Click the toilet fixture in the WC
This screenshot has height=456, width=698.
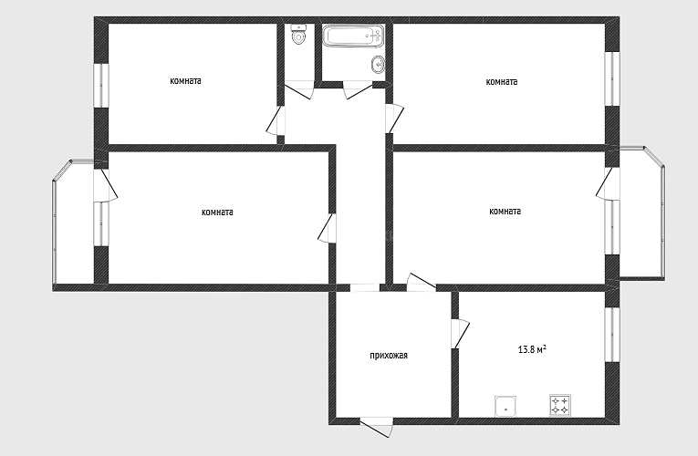click(x=298, y=35)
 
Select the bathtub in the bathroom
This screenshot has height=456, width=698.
click(x=353, y=36)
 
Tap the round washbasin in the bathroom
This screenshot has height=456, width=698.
click(x=377, y=65)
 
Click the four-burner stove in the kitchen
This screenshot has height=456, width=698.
click(x=560, y=405)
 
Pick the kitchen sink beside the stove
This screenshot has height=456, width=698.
click(x=506, y=407)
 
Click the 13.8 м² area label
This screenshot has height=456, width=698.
click(x=532, y=349)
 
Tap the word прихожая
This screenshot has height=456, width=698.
click(x=389, y=356)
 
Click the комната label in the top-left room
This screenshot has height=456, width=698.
click(x=185, y=81)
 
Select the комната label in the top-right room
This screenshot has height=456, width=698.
click(x=502, y=82)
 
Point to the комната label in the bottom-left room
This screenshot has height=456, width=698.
click(x=217, y=212)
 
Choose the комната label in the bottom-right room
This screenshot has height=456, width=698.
click(x=505, y=212)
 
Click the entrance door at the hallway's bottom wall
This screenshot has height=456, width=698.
click(x=377, y=427)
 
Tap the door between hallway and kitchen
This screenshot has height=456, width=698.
click(x=460, y=333)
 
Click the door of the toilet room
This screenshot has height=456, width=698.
click(x=299, y=89)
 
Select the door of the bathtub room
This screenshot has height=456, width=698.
click(x=358, y=90)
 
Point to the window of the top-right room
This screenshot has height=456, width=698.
click(x=612, y=79)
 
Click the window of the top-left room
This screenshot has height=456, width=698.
click(x=101, y=86)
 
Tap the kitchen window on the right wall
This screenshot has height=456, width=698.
click(x=612, y=335)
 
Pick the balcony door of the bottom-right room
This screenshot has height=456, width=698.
click(x=607, y=183)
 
